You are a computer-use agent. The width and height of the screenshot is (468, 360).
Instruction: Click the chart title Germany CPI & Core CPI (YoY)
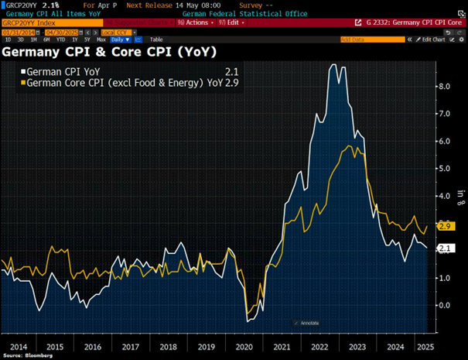coord(109,53)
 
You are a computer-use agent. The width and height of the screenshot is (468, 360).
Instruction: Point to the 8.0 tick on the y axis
coord(445,87)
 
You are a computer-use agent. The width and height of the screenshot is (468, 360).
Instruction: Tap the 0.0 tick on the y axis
coord(445,305)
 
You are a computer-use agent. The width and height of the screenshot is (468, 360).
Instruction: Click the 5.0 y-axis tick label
coord(445,169)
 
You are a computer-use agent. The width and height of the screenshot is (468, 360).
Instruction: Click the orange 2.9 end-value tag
coord(445,226)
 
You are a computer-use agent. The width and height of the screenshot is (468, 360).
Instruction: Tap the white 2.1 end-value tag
coord(445,248)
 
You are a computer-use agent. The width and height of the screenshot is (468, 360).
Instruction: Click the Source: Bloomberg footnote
coord(28,355)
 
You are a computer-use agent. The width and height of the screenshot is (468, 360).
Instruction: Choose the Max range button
coord(101,39)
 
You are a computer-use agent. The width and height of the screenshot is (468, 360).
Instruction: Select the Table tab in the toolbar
coord(156,39)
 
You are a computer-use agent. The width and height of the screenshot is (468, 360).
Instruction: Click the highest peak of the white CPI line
coord(333,65)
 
